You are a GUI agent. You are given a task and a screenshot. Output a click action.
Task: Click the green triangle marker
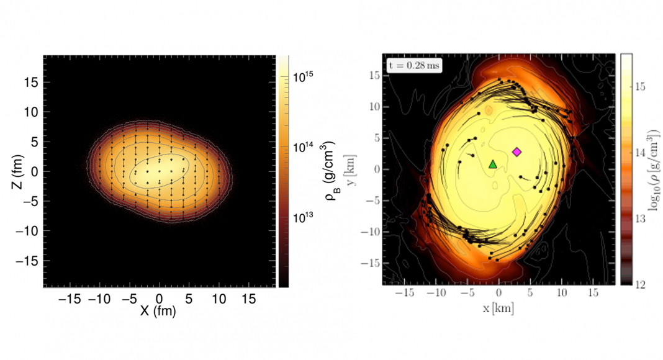tap(493, 164)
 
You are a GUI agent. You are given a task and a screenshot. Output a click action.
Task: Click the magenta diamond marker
tap(517, 151)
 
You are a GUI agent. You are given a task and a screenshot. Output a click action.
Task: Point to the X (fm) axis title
tap(158, 312)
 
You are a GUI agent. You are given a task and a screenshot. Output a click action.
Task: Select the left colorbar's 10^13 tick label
tap(304, 218)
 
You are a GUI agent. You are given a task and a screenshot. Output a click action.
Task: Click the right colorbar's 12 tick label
tap(640, 284)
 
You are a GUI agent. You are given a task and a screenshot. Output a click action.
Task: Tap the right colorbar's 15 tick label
tap(640, 88)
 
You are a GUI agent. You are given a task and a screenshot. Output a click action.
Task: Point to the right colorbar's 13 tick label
tap(640, 218)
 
